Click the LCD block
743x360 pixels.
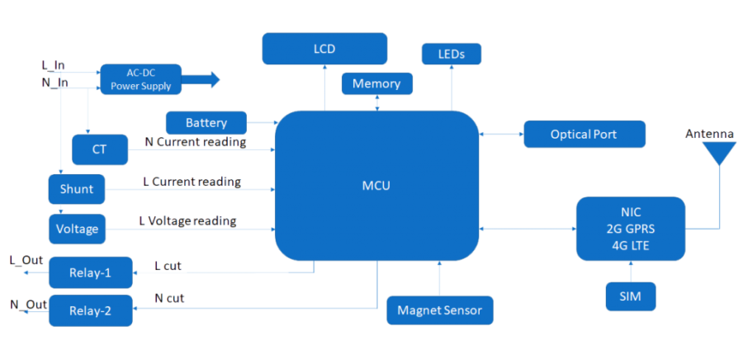click(x=324, y=49)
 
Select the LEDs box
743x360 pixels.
click(x=451, y=54)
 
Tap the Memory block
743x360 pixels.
click(x=376, y=83)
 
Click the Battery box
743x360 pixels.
click(x=206, y=123)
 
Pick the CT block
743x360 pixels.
click(x=100, y=150)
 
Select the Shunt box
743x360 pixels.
click(x=77, y=189)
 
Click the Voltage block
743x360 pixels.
click(x=77, y=229)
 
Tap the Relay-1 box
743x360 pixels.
click(x=91, y=272)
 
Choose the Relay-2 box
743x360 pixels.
click(x=91, y=310)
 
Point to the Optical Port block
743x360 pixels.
click(x=584, y=134)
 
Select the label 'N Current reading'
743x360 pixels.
click(x=195, y=142)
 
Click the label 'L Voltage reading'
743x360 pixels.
click(x=188, y=221)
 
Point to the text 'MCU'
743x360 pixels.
click(x=376, y=186)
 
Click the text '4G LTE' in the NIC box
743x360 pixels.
click(x=630, y=244)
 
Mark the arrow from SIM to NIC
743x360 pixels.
click(x=630, y=271)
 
